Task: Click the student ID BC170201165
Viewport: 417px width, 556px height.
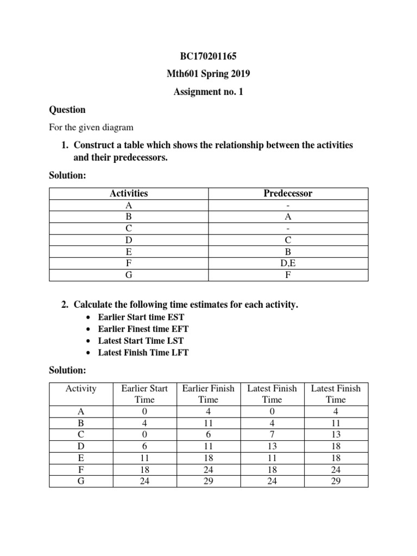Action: (208, 56)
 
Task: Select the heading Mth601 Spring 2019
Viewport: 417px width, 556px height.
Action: (208, 74)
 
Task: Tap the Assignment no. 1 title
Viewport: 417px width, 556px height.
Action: (208, 92)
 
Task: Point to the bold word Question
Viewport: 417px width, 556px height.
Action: (67, 110)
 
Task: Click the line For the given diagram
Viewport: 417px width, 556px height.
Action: (91, 128)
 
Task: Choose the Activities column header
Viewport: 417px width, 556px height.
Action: (129, 193)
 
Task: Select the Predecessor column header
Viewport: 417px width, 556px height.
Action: (288, 193)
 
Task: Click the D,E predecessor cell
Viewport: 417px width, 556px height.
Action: (288, 263)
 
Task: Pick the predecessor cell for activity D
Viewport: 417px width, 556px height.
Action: (288, 240)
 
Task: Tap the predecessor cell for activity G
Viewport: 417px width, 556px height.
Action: (288, 275)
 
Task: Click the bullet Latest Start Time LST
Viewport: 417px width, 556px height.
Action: (141, 340)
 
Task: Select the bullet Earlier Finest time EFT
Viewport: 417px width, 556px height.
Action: (143, 328)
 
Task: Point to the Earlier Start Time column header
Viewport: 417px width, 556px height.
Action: (144, 394)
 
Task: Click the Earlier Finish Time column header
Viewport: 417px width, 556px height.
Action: (208, 394)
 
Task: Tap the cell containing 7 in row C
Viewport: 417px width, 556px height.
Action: (272, 434)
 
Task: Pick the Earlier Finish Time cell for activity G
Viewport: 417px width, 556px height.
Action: (208, 481)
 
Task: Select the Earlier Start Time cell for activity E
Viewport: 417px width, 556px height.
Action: (144, 458)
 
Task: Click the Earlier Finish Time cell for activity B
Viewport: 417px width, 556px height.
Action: (208, 422)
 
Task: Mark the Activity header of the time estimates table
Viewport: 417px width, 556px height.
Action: (81, 388)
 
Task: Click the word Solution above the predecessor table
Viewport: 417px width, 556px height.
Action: (67, 176)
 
